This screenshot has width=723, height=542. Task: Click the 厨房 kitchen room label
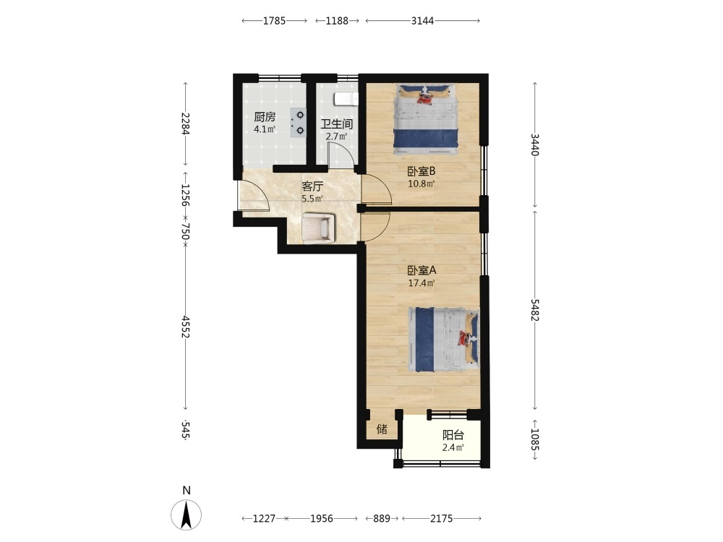tap(265, 117)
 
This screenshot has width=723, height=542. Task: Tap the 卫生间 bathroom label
tap(337, 124)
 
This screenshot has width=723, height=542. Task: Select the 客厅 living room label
tap(312, 186)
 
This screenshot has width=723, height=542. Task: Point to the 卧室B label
tap(422, 171)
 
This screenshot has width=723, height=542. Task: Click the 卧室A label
tap(422, 270)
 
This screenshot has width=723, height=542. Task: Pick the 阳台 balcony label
tap(453, 435)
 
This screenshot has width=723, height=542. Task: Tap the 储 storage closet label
tap(382, 429)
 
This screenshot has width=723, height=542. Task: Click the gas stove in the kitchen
tap(298, 123)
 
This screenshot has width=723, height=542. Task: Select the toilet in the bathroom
tap(346, 98)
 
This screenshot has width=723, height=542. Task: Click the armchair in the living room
tap(317, 227)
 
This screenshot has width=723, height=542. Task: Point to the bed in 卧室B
tap(426, 119)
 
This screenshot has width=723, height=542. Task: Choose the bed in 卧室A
tap(444, 340)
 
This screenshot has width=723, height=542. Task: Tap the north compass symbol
tap(187, 515)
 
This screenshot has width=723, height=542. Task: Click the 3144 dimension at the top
tap(423, 21)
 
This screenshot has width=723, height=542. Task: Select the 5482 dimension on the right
tap(535, 310)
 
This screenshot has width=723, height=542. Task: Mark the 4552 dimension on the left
tap(185, 327)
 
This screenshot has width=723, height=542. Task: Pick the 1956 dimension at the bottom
tap(322, 518)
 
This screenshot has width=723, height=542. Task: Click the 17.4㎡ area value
tap(422, 283)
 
